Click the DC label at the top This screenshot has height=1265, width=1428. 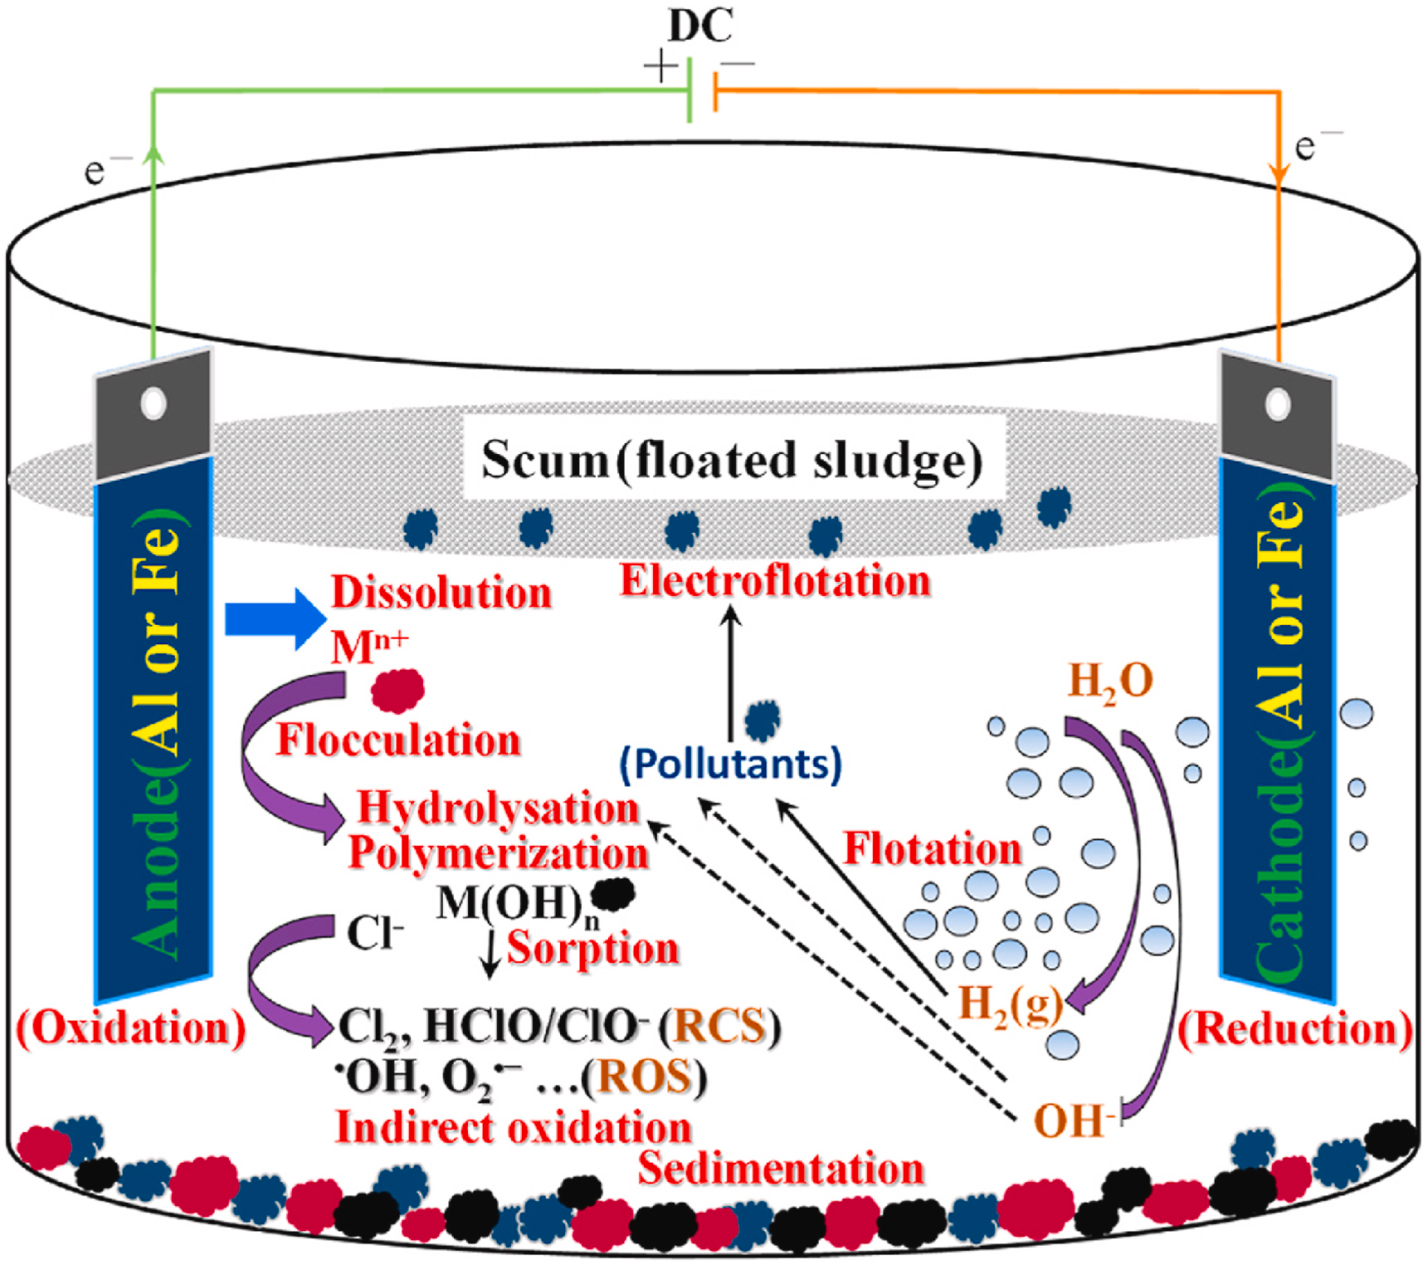coord(700,27)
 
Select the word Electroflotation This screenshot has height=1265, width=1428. coord(775,581)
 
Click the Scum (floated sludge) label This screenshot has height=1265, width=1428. coord(732,460)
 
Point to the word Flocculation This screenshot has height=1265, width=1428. coord(398,740)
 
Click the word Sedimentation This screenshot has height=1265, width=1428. coord(781,1169)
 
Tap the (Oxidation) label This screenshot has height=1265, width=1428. coord(131,1028)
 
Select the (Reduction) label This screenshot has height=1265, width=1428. coord(1295,1029)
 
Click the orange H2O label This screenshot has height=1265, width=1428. coord(1110,682)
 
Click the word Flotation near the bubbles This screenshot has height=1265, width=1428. coord(932,849)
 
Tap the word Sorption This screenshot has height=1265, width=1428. coord(592,948)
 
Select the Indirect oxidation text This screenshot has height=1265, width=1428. coord(513,1128)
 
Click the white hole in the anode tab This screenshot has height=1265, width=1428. coord(154,403)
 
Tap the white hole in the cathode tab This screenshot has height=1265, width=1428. coord(1278,404)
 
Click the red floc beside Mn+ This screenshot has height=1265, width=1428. coord(397,691)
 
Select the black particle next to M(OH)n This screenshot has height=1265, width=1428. coord(614,894)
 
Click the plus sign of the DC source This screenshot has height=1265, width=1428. coord(661,66)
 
